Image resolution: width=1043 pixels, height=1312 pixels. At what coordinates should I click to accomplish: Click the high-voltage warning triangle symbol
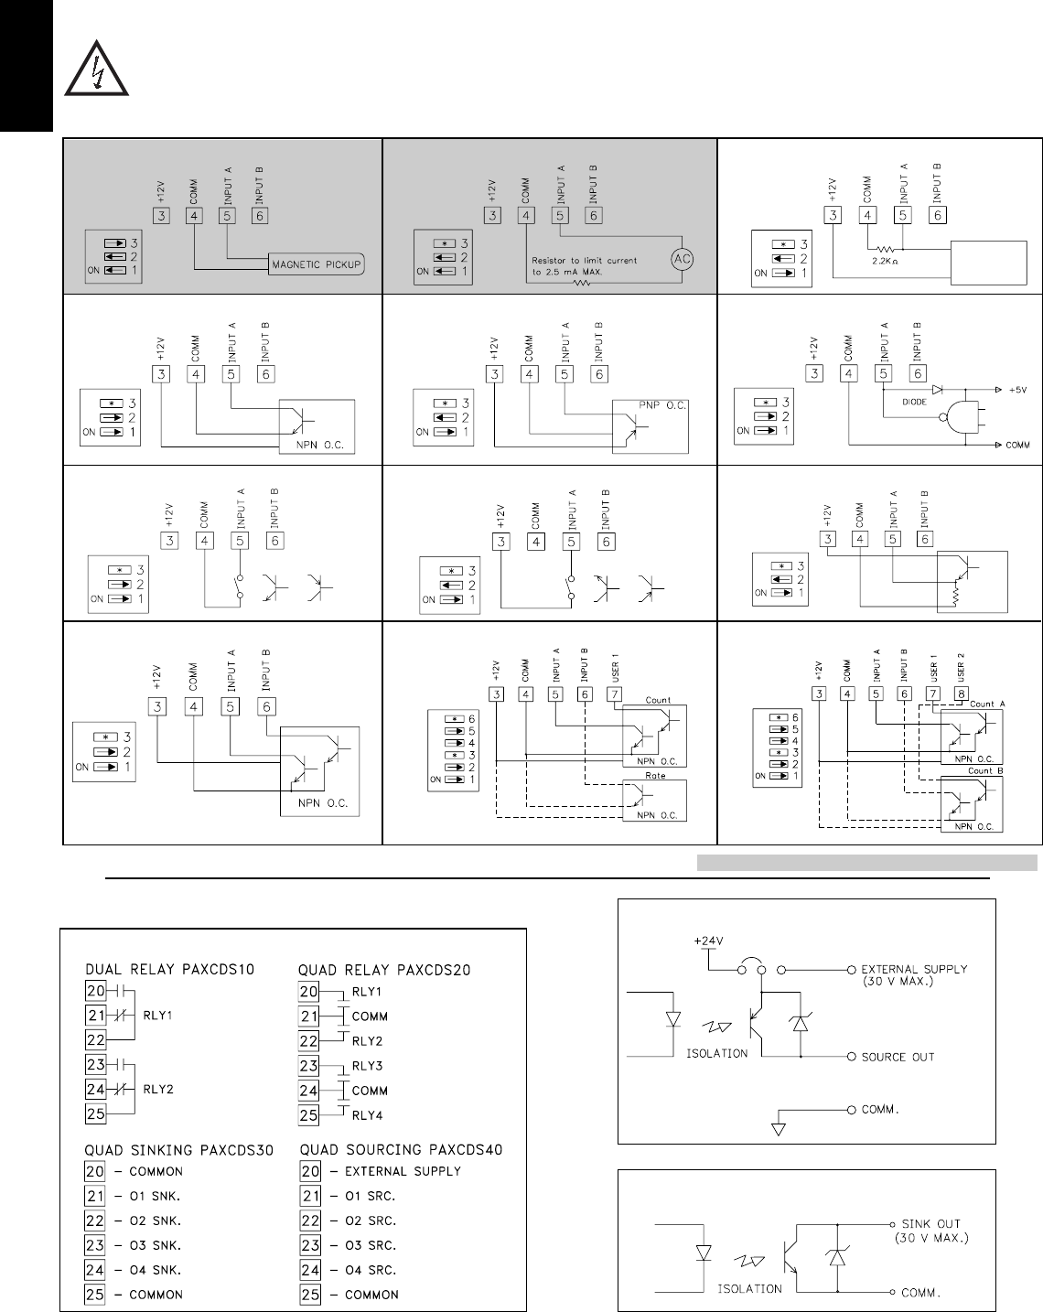click(x=96, y=70)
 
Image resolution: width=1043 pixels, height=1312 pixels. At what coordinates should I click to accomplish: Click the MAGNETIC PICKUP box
click(x=316, y=265)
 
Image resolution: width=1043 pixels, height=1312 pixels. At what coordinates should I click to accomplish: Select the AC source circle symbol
click(x=680, y=259)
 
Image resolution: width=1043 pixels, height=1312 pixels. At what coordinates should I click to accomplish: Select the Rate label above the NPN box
click(x=655, y=775)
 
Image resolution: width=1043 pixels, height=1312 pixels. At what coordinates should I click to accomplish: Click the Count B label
click(x=986, y=771)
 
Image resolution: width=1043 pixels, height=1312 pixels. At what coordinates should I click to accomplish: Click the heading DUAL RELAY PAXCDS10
click(x=169, y=969)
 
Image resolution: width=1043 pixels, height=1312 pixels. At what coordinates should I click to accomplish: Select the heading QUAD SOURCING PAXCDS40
click(x=401, y=1149)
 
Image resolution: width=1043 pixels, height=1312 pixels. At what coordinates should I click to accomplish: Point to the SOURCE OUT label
click(x=898, y=1057)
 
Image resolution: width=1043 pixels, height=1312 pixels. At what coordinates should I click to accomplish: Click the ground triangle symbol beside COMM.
click(x=779, y=1126)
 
